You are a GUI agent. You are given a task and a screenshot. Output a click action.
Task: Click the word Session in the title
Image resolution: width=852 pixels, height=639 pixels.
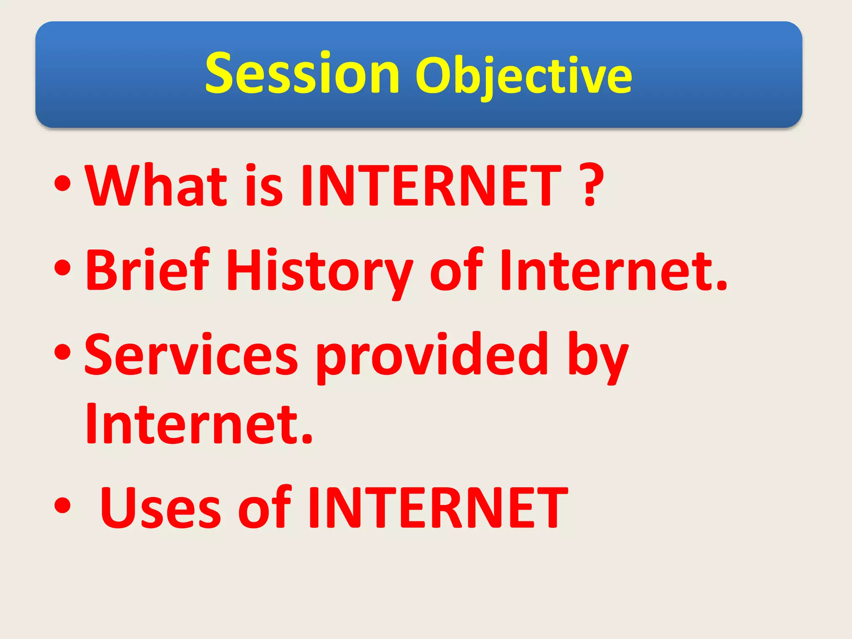click(x=302, y=74)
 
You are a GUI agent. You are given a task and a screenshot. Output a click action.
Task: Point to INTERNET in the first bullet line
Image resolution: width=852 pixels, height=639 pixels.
click(x=431, y=186)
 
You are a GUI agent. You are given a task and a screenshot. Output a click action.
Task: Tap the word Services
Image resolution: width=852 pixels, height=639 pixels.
click(x=191, y=355)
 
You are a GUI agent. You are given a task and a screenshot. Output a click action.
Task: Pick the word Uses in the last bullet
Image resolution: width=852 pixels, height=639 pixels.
click(x=161, y=509)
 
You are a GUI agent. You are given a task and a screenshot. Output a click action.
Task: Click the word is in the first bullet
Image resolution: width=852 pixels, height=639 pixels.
click(x=264, y=186)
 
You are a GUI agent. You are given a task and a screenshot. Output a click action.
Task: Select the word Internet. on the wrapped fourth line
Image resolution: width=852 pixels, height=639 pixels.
click(x=199, y=425)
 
